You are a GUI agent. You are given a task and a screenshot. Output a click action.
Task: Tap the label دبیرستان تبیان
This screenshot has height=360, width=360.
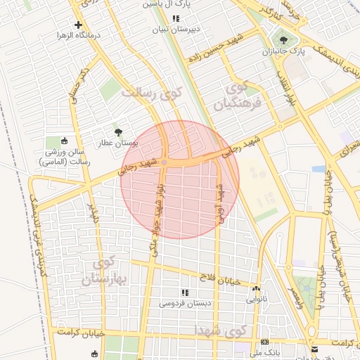176,30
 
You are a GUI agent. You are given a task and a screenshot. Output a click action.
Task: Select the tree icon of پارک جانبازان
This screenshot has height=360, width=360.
283,40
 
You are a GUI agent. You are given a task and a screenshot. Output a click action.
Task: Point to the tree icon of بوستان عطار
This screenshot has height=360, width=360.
118,131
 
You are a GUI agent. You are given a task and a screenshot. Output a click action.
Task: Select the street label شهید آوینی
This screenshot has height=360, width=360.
220,204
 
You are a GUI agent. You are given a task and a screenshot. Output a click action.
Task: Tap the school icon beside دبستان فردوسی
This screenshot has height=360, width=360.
185,292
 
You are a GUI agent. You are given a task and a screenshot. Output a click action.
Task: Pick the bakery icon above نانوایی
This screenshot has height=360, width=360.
256,288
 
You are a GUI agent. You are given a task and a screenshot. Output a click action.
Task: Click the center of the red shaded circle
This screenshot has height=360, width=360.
180,179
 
